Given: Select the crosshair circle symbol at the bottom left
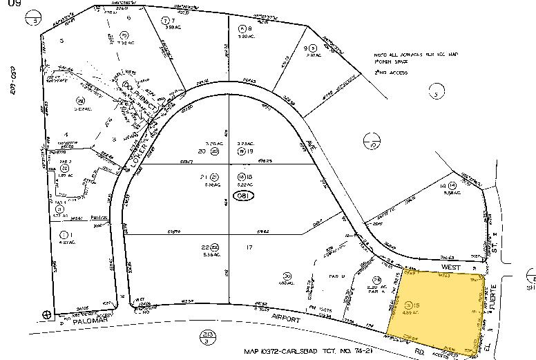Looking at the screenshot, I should point(47,314).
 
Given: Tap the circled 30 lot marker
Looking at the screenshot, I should point(287,276).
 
